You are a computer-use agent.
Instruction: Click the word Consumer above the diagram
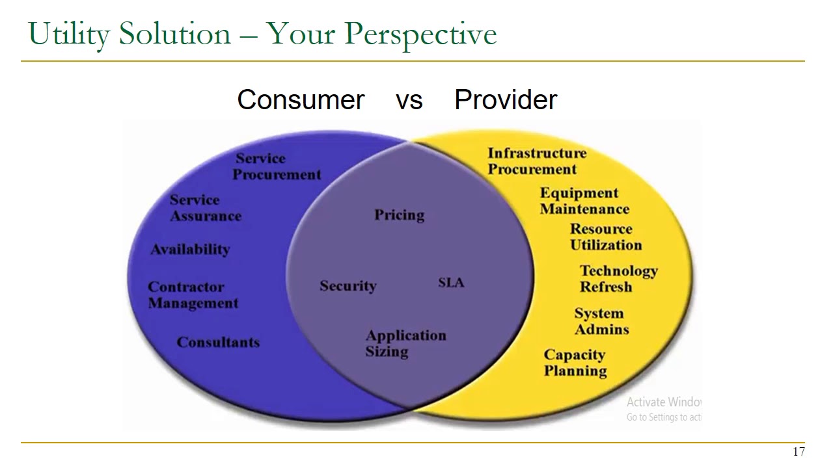(301, 100)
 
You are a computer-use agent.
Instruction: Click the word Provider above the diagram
(506, 100)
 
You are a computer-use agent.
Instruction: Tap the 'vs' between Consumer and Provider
(409, 101)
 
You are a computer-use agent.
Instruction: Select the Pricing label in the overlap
(400, 215)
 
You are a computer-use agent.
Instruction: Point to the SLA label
(451, 283)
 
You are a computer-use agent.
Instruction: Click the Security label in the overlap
(348, 286)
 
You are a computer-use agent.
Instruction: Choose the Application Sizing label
(405, 344)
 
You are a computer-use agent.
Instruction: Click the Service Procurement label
(277, 166)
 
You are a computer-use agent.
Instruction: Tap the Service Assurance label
(206, 208)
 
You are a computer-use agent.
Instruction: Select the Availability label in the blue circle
(191, 250)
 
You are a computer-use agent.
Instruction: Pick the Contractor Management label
(193, 295)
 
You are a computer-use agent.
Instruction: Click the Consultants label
(218, 342)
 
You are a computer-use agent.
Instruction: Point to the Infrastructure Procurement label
(537, 161)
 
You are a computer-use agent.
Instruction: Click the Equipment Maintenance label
(584, 201)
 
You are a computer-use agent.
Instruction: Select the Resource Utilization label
(606, 237)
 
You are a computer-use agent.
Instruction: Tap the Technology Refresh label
(619, 279)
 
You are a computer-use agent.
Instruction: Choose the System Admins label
(602, 321)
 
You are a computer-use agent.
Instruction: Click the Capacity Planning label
(575, 363)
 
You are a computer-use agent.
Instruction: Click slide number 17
(799, 452)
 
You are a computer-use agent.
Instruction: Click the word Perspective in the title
(420, 34)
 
